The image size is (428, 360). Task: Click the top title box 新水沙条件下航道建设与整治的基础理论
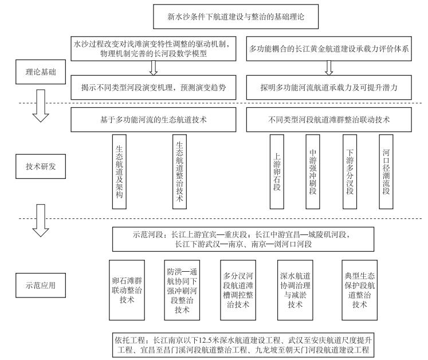[236, 17]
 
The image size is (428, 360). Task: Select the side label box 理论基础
[41, 72]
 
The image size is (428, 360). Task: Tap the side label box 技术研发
[41, 166]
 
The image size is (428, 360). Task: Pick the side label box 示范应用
[41, 285]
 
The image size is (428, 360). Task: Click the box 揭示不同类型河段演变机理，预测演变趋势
[154, 87]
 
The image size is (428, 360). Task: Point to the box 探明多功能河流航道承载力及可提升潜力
[329, 87]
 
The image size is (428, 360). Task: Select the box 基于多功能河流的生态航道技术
[154, 120]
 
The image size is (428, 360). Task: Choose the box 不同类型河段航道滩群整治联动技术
[329, 120]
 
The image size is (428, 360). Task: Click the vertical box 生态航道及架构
[119, 171]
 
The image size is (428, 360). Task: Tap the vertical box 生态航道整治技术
[179, 171]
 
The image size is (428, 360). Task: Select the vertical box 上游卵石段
[277, 171]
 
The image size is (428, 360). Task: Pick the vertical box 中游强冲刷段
[312, 171]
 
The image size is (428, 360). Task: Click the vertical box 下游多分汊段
[350, 171]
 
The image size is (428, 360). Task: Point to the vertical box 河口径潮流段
[386, 171]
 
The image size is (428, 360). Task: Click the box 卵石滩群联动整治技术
[127, 290]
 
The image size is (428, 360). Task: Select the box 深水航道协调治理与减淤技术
[295, 290]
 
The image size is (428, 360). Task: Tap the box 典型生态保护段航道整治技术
[359, 290]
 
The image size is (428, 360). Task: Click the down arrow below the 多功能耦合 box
[329, 68]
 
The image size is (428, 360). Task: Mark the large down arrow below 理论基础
[41, 105]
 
